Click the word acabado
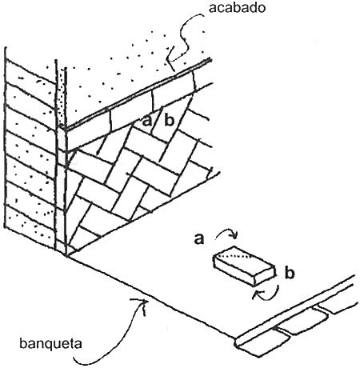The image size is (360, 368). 237,8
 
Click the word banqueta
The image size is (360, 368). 50,343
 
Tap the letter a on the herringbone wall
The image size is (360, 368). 147,122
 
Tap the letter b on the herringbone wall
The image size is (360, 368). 170,120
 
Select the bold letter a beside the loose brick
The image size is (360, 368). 199,239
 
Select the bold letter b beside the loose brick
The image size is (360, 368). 290,273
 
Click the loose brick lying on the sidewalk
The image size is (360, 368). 244,266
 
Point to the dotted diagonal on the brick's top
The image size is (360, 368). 235,255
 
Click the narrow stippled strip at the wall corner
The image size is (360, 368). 62,96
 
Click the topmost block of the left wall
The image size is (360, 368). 30,71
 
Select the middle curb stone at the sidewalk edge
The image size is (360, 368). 302,322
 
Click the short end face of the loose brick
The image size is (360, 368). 265,276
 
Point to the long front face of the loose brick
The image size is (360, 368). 234,270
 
